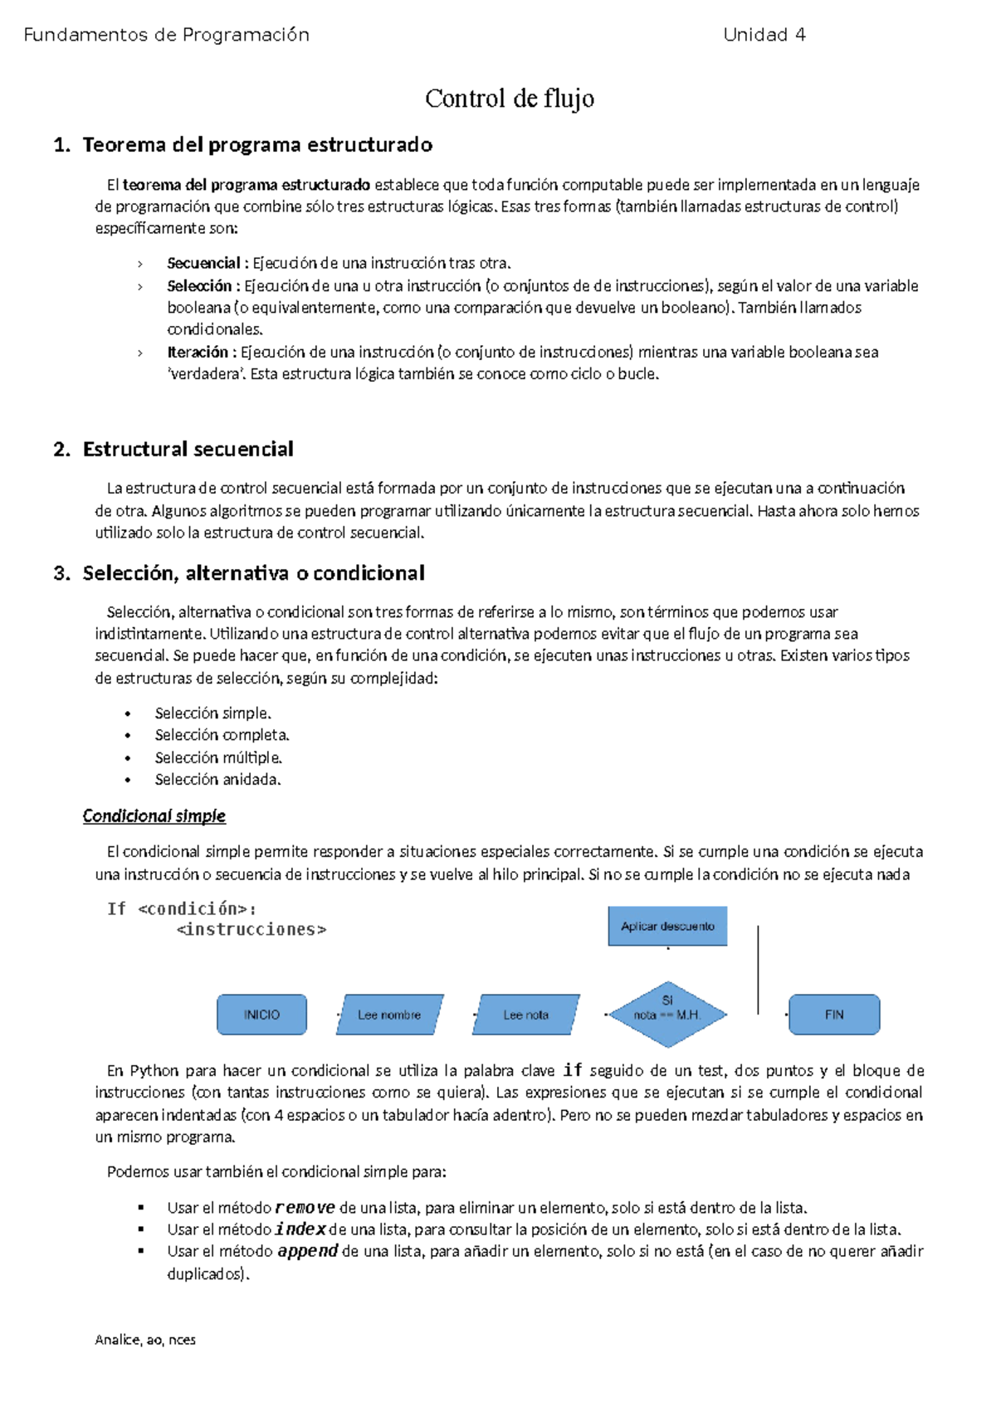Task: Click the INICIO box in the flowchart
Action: (x=261, y=1015)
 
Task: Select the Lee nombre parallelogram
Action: (x=389, y=1015)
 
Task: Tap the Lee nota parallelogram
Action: (x=525, y=1015)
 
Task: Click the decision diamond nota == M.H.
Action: (x=667, y=1014)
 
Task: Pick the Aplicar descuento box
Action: (x=667, y=926)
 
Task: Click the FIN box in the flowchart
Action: (x=833, y=1015)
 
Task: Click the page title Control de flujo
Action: (x=509, y=99)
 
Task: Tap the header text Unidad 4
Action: (x=764, y=35)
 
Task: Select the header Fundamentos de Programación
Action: (x=167, y=35)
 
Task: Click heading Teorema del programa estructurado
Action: (x=257, y=145)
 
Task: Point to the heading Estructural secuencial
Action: (x=188, y=450)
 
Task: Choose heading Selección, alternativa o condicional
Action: (x=253, y=573)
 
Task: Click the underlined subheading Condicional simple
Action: (x=154, y=816)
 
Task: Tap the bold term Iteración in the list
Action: (x=198, y=352)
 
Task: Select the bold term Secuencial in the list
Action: (x=203, y=263)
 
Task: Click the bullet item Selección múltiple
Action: (x=218, y=757)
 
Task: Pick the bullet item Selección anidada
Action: (x=217, y=779)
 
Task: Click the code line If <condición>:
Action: (x=182, y=908)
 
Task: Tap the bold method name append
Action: (x=307, y=1251)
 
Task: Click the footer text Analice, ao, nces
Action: (x=145, y=1340)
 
